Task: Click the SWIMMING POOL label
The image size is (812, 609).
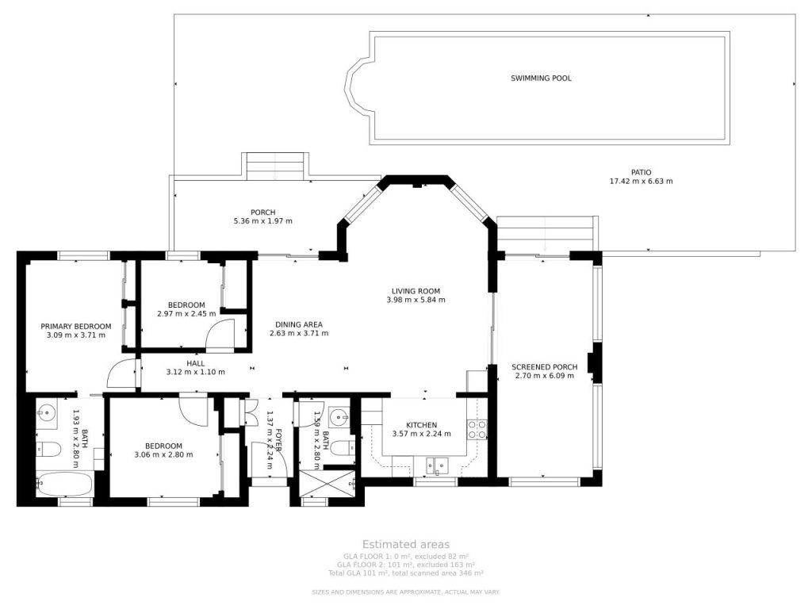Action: pyautogui.click(x=541, y=79)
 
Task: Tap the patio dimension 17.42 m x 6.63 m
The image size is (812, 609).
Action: pyautogui.click(x=641, y=182)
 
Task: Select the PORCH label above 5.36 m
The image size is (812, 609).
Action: pyautogui.click(x=263, y=213)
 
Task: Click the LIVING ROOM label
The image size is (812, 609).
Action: pyautogui.click(x=416, y=291)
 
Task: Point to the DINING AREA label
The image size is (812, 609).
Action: pyautogui.click(x=299, y=324)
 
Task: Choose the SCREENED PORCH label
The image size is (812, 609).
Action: pyautogui.click(x=545, y=367)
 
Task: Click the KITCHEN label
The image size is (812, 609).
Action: pyautogui.click(x=422, y=425)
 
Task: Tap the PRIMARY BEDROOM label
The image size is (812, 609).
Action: pyautogui.click(x=76, y=326)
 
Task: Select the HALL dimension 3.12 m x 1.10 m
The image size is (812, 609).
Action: pyautogui.click(x=196, y=372)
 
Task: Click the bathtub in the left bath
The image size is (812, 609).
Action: pyautogui.click(x=64, y=485)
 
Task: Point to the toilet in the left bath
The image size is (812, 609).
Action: pyautogui.click(x=48, y=449)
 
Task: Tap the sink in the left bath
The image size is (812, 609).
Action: pyautogui.click(x=47, y=413)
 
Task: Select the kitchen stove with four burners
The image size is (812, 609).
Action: pyautogui.click(x=477, y=429)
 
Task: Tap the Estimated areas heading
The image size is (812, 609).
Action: pyautogui.click(x=406, y=544)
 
